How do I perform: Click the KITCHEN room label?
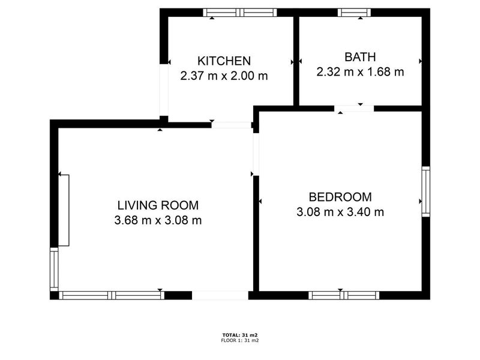[224, 61]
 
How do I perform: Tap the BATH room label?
[360, 57]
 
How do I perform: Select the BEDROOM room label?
[340, 197]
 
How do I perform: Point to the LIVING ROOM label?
[158, 205]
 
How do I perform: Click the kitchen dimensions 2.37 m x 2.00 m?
[224, 76]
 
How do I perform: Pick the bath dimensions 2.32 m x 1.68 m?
[360, 72]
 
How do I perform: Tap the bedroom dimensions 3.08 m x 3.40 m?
[340, 212]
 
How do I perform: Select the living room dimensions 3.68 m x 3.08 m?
[158, 220]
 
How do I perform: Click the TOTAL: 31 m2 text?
[240, 335]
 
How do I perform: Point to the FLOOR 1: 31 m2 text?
[240, 340]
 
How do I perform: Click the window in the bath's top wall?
[354, 13]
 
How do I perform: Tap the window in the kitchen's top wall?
[240, 13]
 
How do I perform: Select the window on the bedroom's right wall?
[426, 191]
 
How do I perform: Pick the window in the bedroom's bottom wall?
[344, 295]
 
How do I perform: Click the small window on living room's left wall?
[54, 269]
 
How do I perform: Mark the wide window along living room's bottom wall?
[112, 295]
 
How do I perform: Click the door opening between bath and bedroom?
[354, 109]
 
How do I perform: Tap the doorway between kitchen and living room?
[232, 125]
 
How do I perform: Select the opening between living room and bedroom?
[256, 154]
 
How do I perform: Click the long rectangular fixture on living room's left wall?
[64, 211]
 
